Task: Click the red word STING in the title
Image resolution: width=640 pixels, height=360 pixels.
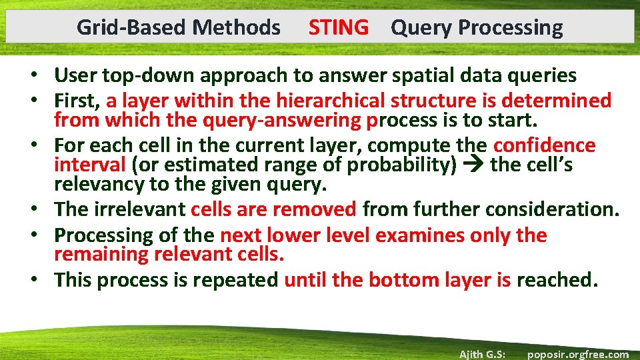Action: pyautogui.click(x=338, y=27)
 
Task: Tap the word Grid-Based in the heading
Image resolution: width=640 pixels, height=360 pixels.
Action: pyautogui.click(x=131, y=27)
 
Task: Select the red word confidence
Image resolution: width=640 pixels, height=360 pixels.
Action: pyautogui.click(x=544, y=145)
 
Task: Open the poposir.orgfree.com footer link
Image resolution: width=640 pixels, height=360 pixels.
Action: pyautogui.click(x=577, y=354)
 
